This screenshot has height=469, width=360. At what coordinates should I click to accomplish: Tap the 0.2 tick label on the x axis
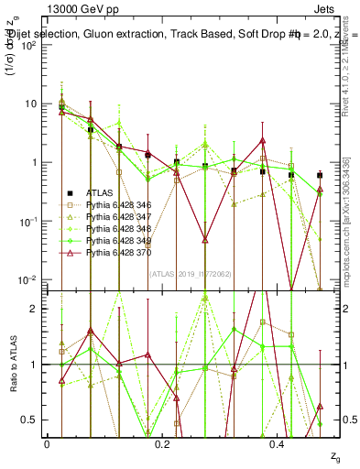click(x=162, y=443)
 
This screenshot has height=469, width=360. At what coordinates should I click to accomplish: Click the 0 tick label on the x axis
click(x=47, y=443)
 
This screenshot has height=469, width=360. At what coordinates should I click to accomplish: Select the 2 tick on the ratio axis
click(x=38, y=309)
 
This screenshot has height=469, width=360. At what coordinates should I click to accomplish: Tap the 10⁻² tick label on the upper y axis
click(x=30, y=280)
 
